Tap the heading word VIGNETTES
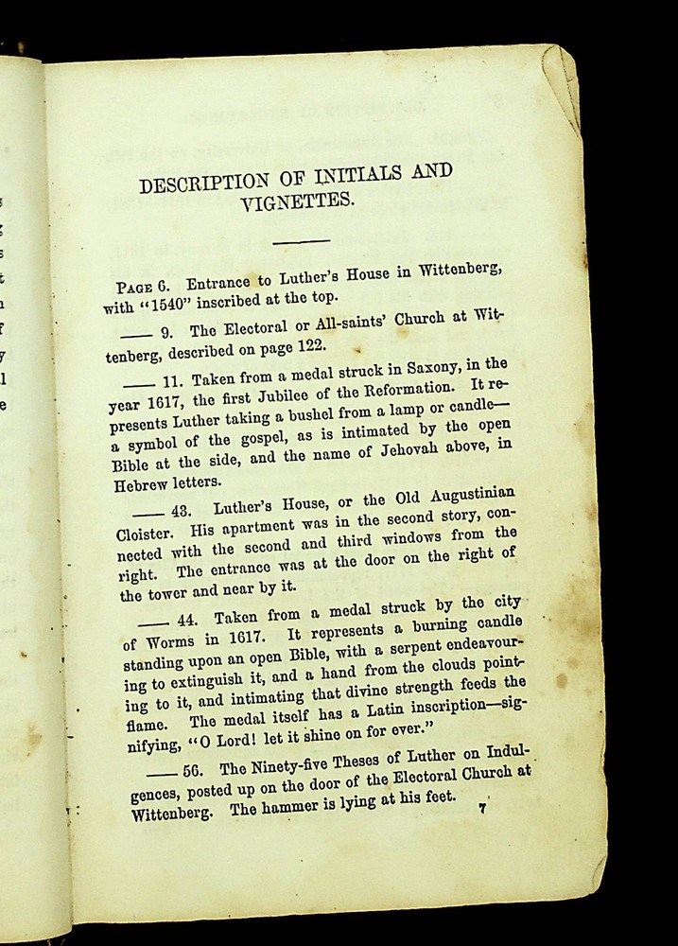[297, 201]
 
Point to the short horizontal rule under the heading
[301, 242]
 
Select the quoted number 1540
[168, 305]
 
